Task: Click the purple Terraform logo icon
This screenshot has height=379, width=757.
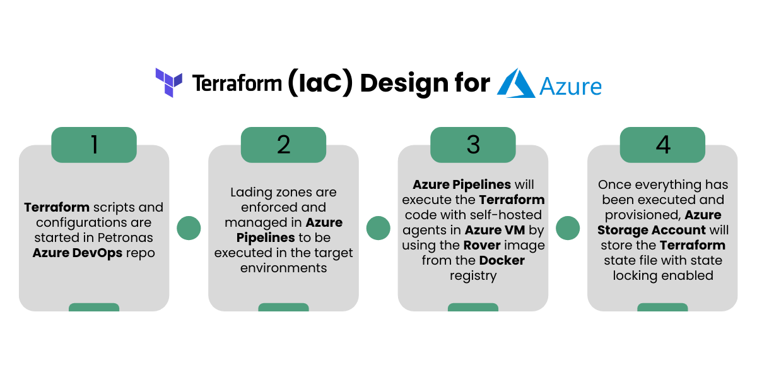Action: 168,83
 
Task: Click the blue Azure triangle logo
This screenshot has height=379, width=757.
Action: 516,83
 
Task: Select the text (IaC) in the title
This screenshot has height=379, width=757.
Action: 320,83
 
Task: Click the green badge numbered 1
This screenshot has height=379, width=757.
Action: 94,145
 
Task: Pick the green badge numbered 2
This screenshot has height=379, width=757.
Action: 283,145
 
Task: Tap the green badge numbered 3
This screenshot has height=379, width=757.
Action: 473,145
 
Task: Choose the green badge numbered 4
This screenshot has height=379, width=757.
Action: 663,145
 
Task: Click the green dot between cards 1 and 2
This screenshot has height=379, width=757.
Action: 189,228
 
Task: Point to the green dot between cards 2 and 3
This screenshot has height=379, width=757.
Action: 378,228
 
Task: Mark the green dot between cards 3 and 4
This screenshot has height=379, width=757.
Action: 568,228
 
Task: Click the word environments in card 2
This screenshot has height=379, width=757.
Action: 283,268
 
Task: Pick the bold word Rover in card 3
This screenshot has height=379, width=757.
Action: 482,245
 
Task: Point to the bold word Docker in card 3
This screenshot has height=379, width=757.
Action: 502,260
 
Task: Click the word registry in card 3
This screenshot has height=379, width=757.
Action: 473,276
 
